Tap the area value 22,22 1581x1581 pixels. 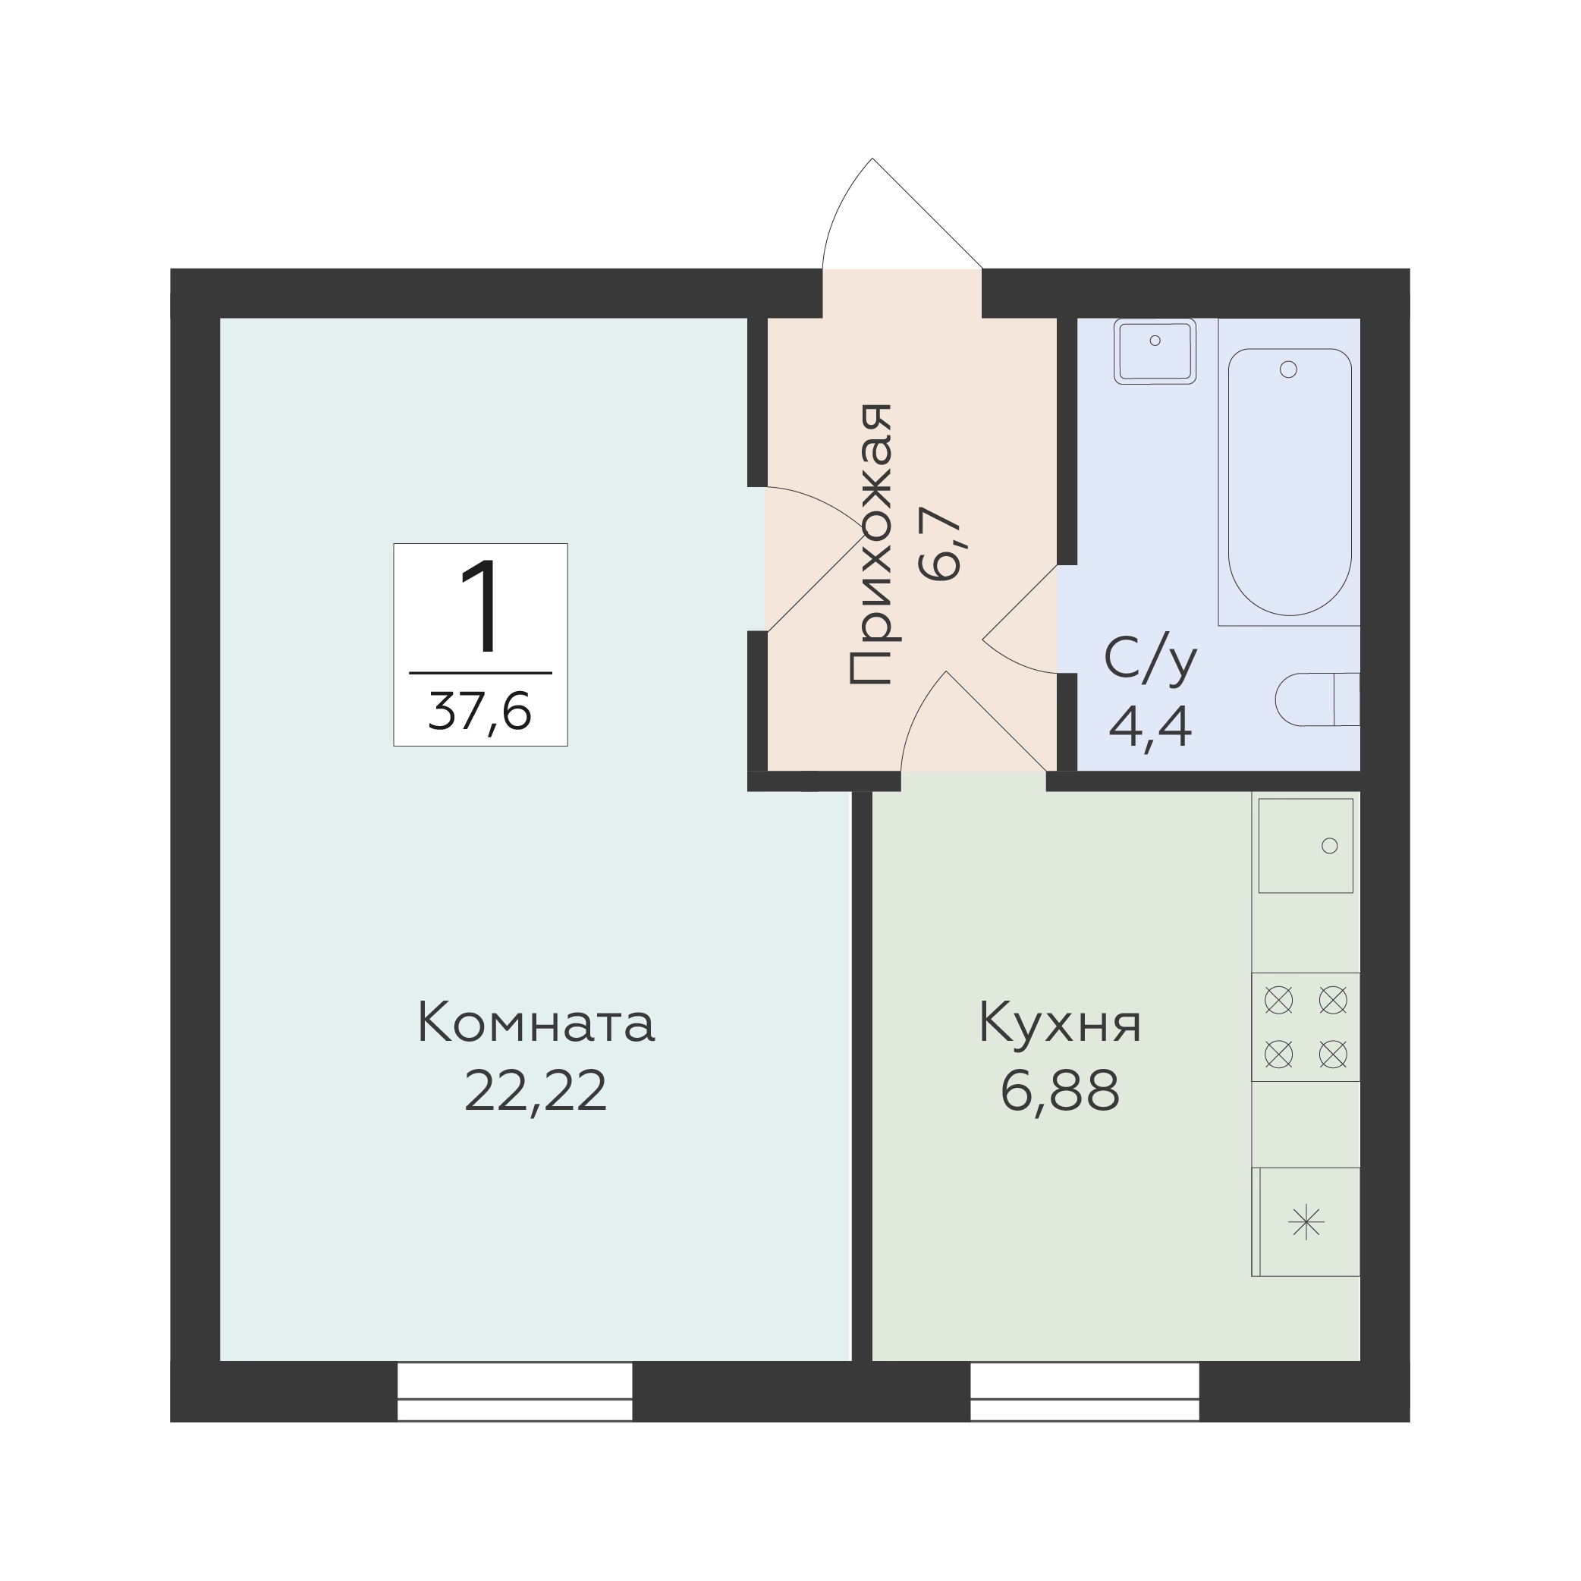(x=536, y=1092)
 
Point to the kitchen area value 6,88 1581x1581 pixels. (x=1060, y=1092)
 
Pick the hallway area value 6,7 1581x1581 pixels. (x=939, y=544)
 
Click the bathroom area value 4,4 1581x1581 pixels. (x=1151, y=727)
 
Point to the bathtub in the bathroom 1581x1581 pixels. (x=1289, y=482)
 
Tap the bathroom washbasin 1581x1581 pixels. (x=1155, y=351)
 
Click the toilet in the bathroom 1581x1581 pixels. (x=1318, y=699)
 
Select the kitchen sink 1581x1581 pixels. (x=1305, y=845)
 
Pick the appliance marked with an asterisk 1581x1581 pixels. (x=1306, y=1221)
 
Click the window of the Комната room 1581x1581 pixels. (x=514, y=1391)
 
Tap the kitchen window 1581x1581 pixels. (x=1084, y=1391)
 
